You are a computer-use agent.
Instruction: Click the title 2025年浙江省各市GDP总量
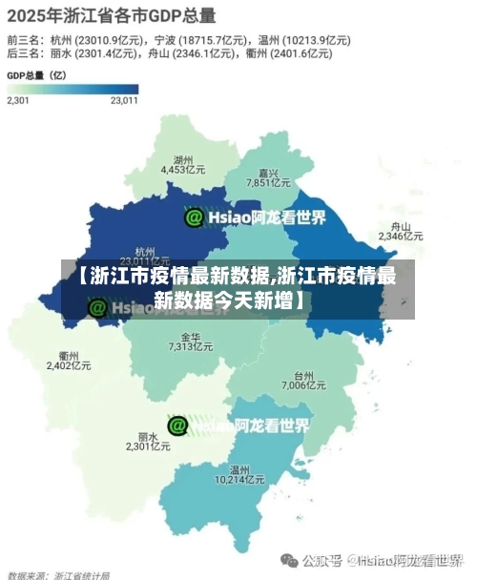point(112,15)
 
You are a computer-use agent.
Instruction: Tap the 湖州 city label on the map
point(184,159)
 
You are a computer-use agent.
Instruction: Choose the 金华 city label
point(190,338)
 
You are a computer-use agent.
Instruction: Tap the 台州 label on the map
point(304,376)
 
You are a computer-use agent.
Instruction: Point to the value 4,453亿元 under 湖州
point(184,170)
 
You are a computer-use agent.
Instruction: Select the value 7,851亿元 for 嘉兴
point(268,183)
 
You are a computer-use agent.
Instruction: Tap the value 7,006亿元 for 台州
point(304,386)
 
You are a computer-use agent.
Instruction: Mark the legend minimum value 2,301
point(18,99)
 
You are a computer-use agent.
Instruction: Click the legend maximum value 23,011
point(124,99)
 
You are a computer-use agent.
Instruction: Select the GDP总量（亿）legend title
point(37,74)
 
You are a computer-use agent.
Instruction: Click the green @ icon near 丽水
point(177,425)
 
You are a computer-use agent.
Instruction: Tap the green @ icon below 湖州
point(194,217)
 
